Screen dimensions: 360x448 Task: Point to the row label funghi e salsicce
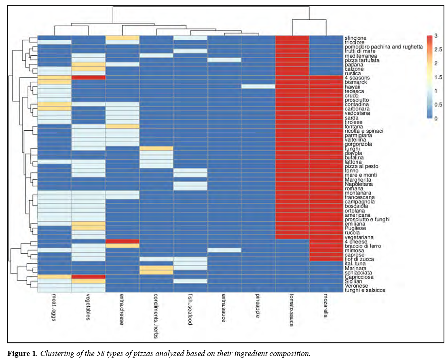pyautogui.click(x=364, y=290)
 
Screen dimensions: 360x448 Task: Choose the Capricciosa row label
pyautogui.click(x=357, y=277)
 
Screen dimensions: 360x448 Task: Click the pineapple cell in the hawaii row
pyautogui.click(x=258, y=87)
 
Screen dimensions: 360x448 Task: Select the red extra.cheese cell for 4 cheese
pyautogui.click(x=122, y=241)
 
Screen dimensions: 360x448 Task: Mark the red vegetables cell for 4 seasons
pyautogui.click(x=88, y=78)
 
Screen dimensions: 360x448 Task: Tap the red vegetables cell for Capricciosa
pyautogui.click(x=88, y=277)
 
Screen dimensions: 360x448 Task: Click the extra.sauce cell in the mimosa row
pyautogui.click(x=224, y=250)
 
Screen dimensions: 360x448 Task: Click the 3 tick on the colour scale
pyautogui.click(x=436, y=36)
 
